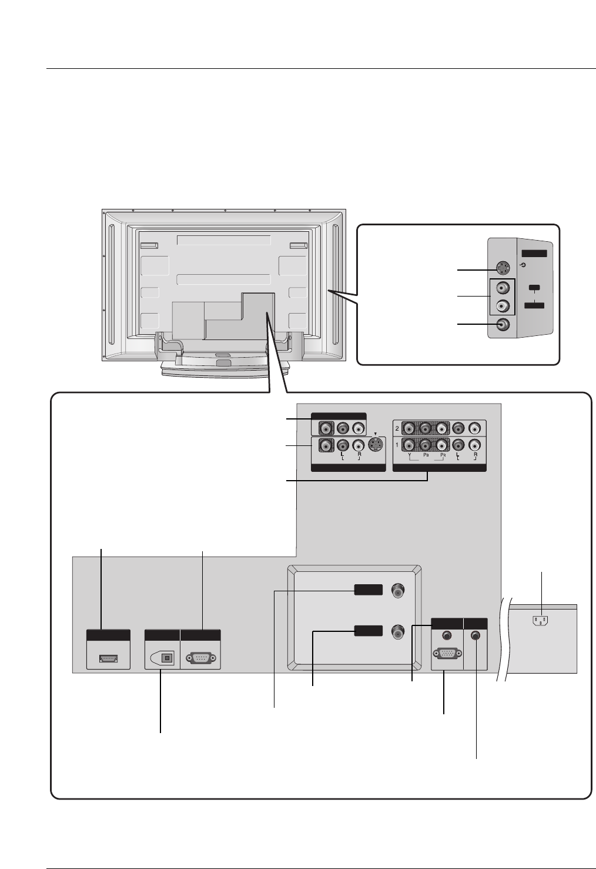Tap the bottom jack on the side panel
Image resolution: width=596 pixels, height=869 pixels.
click(501, 324)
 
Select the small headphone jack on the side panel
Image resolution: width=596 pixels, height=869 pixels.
click(524, 264)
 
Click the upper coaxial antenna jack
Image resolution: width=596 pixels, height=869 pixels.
click(399, 591)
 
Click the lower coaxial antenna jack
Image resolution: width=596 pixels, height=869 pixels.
click(399, 632)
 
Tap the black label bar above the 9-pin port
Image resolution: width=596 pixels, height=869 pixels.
click(200, 635)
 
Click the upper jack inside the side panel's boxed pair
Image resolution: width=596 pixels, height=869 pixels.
click(501, 288)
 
